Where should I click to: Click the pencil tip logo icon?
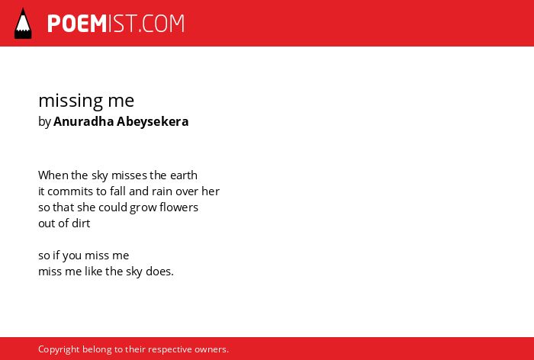pos(23,24)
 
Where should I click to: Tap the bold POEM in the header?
pos(77,24)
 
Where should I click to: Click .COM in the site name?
pos(161,24)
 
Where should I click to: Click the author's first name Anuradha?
pos(83,121)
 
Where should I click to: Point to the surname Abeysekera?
pos(153,122)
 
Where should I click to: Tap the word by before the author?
pos(44,122)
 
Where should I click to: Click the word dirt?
pos(82,223)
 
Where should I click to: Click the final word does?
pos(159,271)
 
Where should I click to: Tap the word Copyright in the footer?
pos(59,349)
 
